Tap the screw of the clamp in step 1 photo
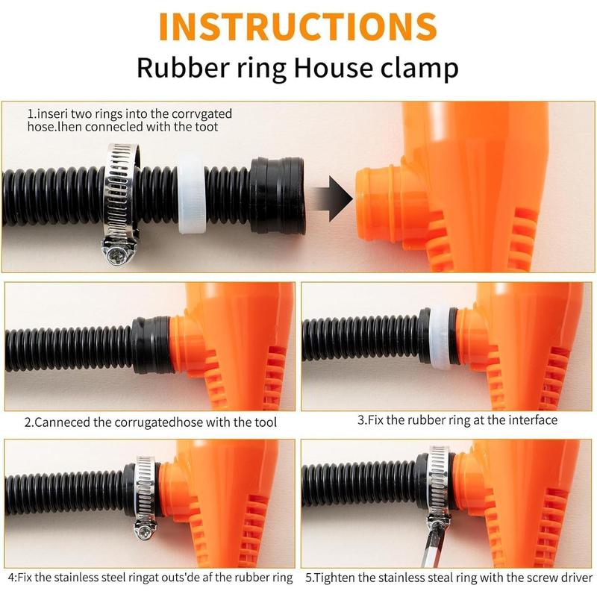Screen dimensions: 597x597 118,256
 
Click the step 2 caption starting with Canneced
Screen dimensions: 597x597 150,422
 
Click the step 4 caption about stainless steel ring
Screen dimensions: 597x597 150,578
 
